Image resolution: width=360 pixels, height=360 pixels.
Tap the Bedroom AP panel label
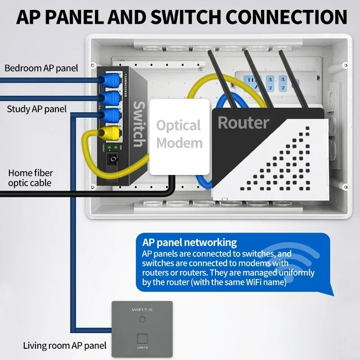41,68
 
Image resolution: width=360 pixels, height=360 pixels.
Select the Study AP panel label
37,109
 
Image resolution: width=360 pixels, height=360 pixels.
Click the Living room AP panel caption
65,346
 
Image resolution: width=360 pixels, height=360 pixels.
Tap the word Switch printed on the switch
138,124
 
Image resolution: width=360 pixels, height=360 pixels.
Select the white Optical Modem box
180,136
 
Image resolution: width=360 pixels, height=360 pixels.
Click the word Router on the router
243,122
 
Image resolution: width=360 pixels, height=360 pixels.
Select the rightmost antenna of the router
294,78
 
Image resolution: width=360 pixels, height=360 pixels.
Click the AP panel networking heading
189,242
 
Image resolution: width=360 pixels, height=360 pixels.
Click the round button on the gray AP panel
142,319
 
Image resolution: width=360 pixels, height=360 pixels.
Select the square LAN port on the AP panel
142,337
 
